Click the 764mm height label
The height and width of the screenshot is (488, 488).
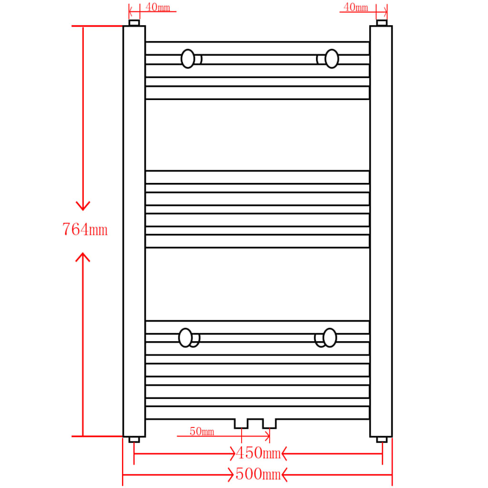85,230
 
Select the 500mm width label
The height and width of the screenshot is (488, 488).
257,474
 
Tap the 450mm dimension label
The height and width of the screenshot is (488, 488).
258,453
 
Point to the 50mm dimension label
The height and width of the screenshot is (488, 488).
202,432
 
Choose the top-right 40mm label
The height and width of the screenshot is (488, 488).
356,7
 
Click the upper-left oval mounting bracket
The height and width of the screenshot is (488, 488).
188,59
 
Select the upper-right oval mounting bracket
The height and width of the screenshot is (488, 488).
332,59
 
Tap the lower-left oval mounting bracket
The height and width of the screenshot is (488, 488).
185,337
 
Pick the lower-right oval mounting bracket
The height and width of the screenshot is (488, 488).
329,337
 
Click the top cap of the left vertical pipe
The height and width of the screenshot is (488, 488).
134,23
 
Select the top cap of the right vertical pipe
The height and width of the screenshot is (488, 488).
382,23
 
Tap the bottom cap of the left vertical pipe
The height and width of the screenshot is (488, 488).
134,439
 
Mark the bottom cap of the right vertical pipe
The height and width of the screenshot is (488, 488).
382,439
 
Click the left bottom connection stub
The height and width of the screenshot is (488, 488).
241,424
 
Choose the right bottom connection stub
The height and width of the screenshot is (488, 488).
269,424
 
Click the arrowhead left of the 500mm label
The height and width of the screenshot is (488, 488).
231,474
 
